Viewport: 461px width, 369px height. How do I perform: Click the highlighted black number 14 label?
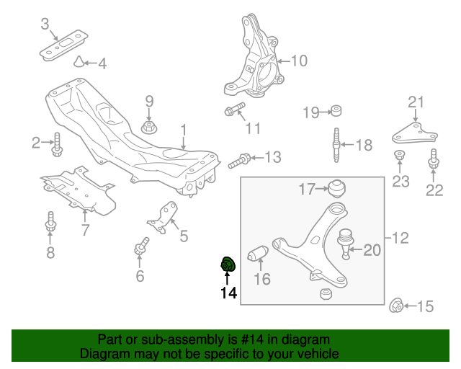point(228,293)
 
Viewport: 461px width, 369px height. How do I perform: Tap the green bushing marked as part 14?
point(228,265)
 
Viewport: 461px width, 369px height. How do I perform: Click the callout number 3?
point(45,26)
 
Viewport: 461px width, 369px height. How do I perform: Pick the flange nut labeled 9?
point(149,128)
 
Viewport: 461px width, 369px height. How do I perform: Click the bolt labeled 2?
point(58,145)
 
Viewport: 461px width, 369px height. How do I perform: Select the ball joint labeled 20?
point(346,241)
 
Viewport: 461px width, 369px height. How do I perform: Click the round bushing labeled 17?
point(335,188)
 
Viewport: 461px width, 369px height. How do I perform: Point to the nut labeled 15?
point(396,306)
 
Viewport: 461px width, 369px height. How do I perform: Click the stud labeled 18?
point(335,145)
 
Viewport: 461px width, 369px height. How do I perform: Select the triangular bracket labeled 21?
point(414,134)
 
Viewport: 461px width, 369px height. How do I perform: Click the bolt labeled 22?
point(434,159)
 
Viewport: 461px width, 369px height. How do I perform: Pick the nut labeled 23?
point(399,157)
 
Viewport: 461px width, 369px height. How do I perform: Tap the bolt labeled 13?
point(241,159)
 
